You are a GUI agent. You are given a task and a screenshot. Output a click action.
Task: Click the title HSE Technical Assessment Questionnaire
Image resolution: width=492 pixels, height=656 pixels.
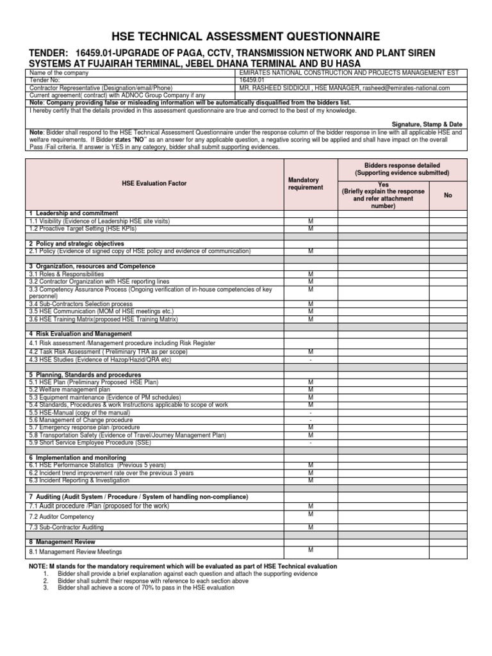pos(246,37)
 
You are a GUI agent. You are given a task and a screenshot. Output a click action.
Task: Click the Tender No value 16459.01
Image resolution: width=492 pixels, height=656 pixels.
pos(250,81)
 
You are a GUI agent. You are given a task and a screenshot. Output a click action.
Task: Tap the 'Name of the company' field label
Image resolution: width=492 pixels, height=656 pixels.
pos(56,74)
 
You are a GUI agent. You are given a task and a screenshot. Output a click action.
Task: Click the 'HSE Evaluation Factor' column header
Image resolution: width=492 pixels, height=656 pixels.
pos(154,183)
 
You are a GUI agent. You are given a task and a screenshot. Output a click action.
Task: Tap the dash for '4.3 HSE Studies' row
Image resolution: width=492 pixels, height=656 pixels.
pos(311,359)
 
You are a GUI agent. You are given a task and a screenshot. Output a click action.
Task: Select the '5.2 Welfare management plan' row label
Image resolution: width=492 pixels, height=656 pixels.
pos(70,389)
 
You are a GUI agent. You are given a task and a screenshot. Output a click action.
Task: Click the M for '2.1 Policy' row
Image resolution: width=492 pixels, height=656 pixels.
pos(311,251)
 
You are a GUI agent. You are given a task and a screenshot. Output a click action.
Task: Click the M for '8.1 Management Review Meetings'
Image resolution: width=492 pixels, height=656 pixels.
pos(311,550)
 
